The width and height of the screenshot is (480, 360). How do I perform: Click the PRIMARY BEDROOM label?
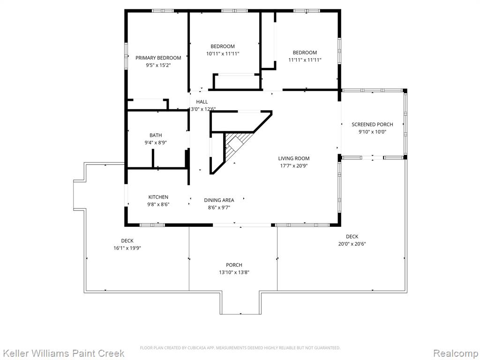pos(158,58)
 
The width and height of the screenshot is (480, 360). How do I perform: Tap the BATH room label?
pos(156,135)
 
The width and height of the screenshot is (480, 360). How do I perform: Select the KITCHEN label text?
pos(158,197)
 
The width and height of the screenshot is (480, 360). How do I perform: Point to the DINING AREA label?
pos(219,200)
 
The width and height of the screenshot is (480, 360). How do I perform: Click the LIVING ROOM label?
pos(293,158)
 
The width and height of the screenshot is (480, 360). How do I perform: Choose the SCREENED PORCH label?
pos(372,125)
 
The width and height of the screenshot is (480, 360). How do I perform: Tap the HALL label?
pos(202,102)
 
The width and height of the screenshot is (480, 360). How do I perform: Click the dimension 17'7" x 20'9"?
pos(293,166)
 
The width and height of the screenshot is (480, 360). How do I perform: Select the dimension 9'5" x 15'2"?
pos(158,65)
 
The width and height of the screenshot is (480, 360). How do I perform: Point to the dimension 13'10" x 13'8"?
pos(234,272)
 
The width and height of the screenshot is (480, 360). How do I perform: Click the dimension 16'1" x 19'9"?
pos(127,248)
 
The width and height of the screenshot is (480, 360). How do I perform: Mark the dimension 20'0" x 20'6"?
pos(352,244)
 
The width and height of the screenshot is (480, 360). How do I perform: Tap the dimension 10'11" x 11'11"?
pos(223,54)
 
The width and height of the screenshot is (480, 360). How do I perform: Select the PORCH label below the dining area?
pos(234,265)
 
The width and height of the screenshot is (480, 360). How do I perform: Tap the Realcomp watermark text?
pos(455,353)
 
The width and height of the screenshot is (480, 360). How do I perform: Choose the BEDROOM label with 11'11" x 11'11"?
pos(305,52)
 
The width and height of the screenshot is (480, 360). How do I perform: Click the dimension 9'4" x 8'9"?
pos(156,142)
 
